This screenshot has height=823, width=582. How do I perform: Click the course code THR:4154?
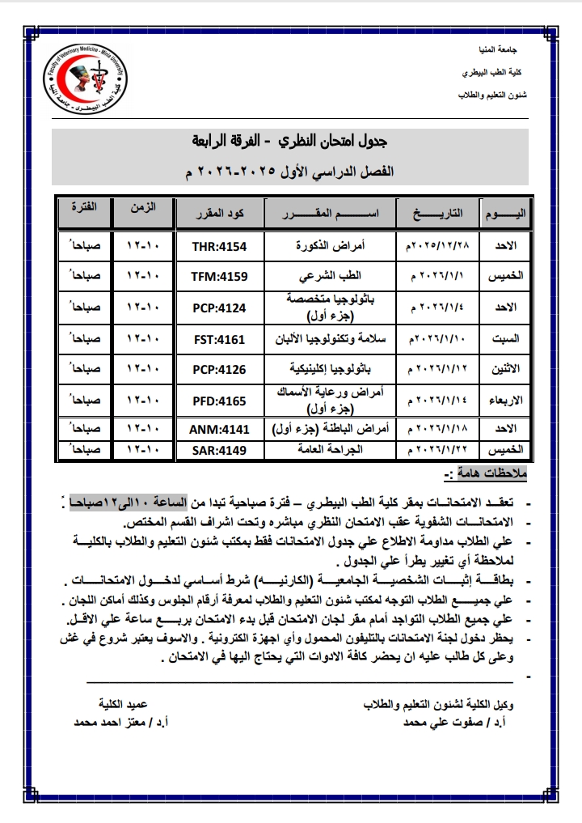[x=219, y=244]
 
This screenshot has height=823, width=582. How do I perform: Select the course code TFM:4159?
[x=219, y=275]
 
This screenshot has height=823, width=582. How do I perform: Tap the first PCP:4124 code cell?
[x=219, y=308]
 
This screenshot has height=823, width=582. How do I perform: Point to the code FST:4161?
[x=219, y=338]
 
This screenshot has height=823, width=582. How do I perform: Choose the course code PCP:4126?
[x=219, y=370]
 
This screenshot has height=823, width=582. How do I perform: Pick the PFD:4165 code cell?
[x=219, y=401]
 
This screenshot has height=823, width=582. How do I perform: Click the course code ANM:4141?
[x=219, y=429]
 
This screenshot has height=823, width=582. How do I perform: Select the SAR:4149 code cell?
[x=219, y=448]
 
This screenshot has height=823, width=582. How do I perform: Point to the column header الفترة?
[x=85, y=208]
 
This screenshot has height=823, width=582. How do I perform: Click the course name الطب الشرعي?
[x=335, y=275]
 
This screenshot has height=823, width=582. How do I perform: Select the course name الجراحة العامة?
[x=335, y=448]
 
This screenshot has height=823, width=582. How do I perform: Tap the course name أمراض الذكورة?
[x=335, y=244]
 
